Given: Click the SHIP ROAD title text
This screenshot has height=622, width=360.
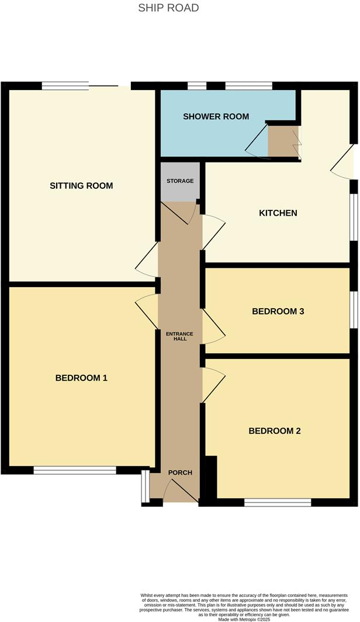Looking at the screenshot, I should click(x=168, y=8).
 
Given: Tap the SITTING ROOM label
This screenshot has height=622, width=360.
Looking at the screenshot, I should click(x=81, y=186).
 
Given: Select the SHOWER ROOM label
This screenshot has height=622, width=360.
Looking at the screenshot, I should click(x=216, y=116).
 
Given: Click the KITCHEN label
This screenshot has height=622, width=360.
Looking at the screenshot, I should click(x=278, y=213).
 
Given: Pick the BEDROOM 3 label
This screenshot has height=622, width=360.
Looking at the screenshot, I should click(x=278, y=312).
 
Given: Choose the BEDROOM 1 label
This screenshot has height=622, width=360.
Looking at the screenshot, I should click(x=81, y=378).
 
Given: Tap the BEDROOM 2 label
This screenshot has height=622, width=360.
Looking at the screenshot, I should click(x=275, y=431).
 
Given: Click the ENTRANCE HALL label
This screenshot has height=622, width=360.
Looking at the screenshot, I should click(x=180, y=336).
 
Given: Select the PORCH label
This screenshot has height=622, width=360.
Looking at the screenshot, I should click(x=180, y=472).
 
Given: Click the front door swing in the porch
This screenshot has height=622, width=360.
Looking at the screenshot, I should click(x=178, y=491).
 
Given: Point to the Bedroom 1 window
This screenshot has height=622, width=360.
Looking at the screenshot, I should click(x=75, y=470).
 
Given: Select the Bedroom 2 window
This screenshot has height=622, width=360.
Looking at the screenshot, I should click(x=278, y=502).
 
